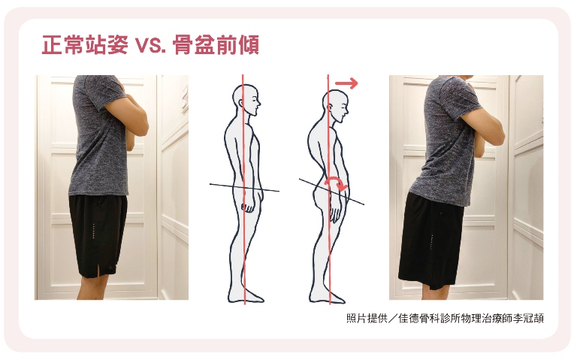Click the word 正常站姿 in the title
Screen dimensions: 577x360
(x=85, y=45)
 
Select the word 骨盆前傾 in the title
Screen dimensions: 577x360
(x=216, y=45)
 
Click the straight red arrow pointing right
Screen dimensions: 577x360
(x=346, y=83)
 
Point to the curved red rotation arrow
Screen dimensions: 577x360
(x=336, y=181)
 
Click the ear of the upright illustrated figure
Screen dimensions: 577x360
(x=241, y=103)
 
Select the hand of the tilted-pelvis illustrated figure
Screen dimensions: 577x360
(x=336, y=214)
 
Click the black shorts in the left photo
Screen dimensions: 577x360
(x=98, y=235)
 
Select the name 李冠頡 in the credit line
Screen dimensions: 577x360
(x=528, y=318)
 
